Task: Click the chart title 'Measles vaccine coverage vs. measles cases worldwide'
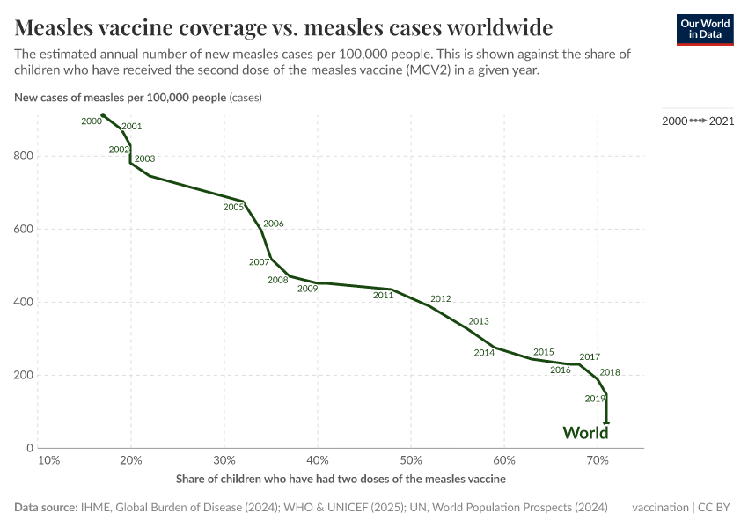point(283,26)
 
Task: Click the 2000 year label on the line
point(92,121)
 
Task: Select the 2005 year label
point(233,208)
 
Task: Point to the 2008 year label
point(278,281)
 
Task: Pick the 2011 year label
point(383,296)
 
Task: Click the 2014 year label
point(484,353)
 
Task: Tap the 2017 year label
point(590,357)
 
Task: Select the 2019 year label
point(595,399)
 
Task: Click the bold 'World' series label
point(585,433)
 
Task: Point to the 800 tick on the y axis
point(24,157)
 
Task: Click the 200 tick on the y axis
point(24,375)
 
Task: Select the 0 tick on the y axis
point(30,448)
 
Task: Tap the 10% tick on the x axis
point(48,460)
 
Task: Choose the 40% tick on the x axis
point(318,460)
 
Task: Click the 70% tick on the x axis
point(598,460)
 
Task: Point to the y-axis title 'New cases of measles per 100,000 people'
point(121,98)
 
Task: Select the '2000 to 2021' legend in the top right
point(698,121)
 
